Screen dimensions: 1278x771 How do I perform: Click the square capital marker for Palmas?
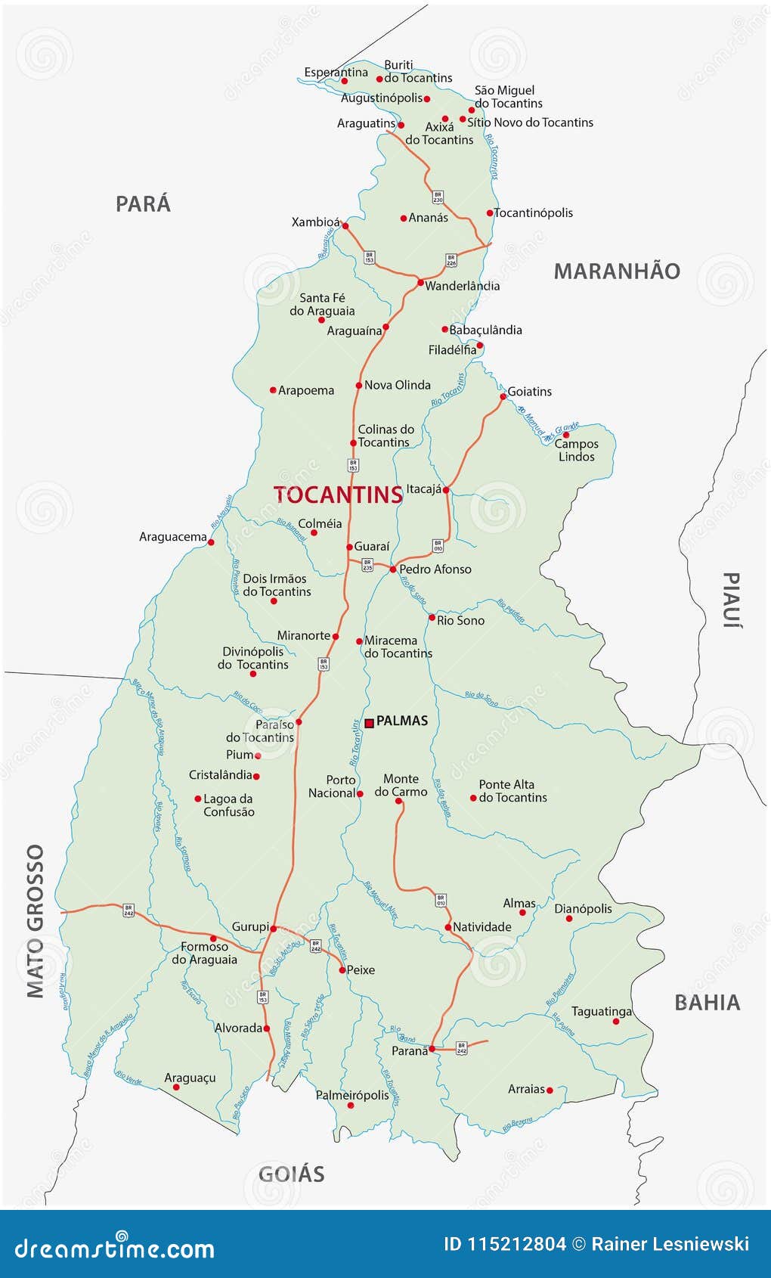pos(370,723)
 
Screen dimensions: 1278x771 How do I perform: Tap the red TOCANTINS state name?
pos(338,495)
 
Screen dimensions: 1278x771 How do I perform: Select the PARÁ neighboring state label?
pos(143,204)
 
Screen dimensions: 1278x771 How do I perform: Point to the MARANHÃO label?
pos(617,271)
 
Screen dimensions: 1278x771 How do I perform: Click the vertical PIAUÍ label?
pos(731,600)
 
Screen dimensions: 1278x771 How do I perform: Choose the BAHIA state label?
pos(707,1003)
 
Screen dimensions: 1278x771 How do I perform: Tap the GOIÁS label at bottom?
pos(292,1174)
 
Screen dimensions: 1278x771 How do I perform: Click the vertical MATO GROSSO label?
pos(36,921)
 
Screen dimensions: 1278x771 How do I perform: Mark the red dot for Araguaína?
pos(385,327)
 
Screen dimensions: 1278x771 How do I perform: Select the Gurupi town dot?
pos(274,928)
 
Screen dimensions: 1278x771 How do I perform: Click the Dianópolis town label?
pos(583,908)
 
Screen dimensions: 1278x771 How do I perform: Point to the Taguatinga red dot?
pos(616,1021)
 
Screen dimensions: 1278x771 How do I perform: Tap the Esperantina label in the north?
pos(336,73)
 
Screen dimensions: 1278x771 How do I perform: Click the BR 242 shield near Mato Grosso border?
pos(128,910)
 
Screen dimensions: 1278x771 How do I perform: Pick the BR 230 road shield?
pos(438,197)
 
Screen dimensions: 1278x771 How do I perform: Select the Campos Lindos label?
pos(577,451)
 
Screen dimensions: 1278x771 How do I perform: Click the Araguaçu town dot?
pos(176,1087)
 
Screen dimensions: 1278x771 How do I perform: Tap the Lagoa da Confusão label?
pos(228,805)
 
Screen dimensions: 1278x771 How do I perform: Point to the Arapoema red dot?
pos(273,390)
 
